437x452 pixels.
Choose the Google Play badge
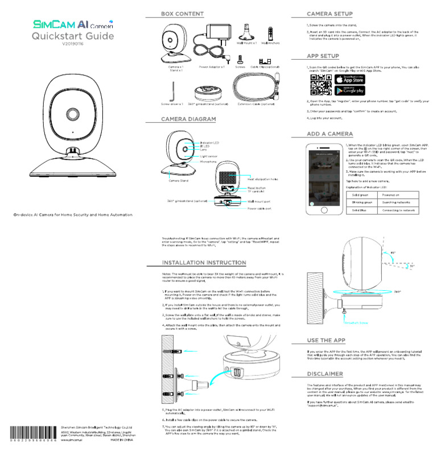348,90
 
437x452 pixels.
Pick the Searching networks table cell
397,203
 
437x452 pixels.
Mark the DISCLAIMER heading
324,374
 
